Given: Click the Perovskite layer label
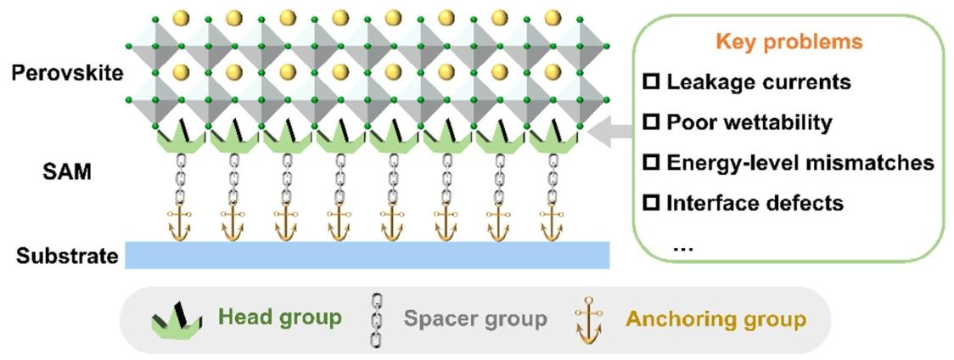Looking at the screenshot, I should point(67,73).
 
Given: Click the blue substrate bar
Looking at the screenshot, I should point(367,255).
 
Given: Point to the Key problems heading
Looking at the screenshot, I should point(788,42).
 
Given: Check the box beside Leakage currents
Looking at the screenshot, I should point(652,82).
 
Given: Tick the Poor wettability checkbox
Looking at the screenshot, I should point(652,122).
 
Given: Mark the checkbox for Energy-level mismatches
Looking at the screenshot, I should point(652,162).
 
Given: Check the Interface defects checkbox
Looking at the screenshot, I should point(652,203).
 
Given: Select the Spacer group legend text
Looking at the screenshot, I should point(475,319).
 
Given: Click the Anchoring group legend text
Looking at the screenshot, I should point(715,319).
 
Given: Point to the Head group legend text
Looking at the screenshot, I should point(280,318).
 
